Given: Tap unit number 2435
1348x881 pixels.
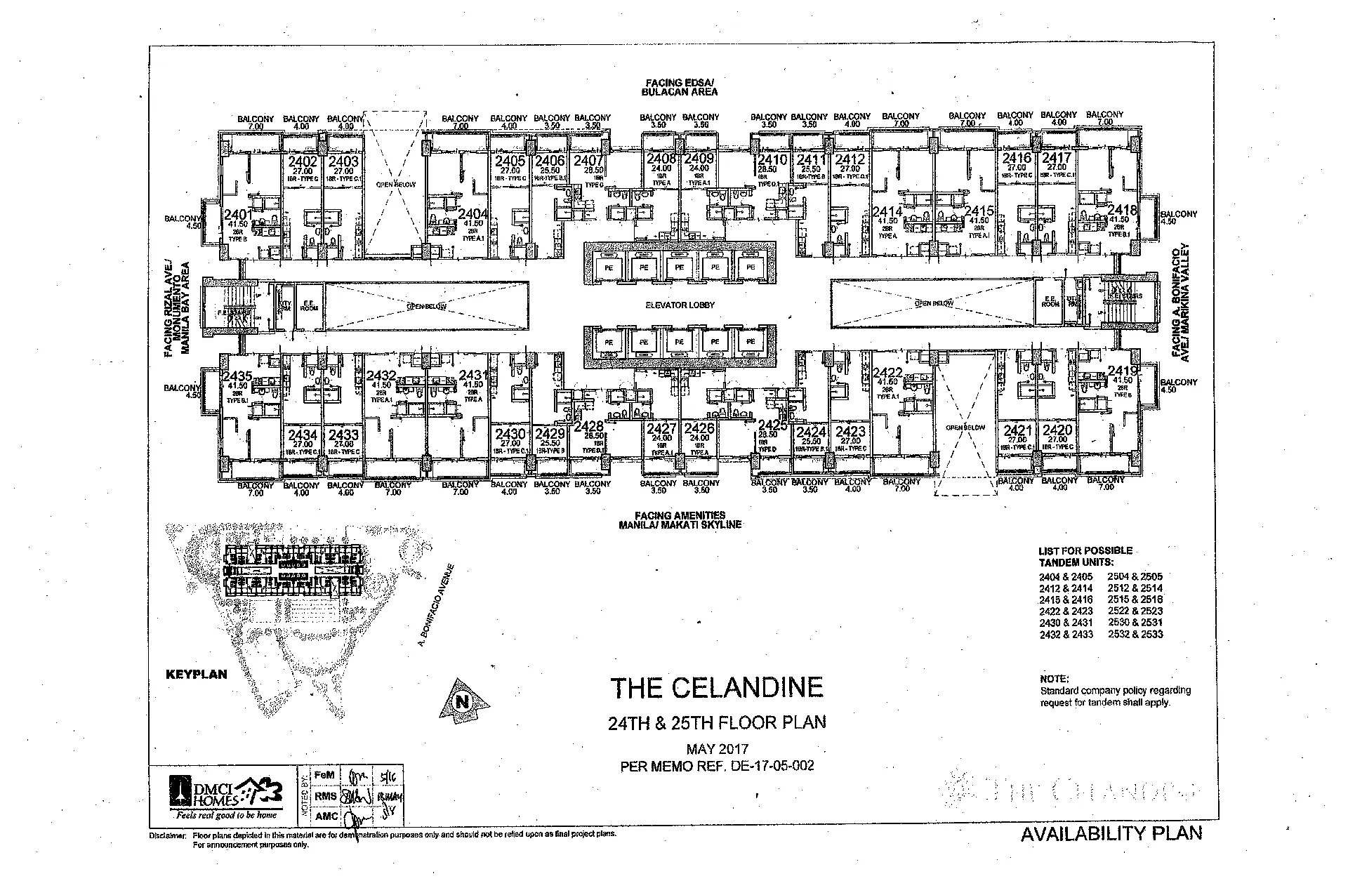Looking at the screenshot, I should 237,376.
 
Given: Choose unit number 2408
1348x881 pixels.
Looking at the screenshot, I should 661,159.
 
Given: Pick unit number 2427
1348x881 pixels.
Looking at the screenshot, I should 661,429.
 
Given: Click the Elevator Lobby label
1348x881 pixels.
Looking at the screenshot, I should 680,305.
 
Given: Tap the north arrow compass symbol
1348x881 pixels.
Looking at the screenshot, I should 463,700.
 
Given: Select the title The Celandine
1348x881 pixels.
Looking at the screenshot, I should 716,688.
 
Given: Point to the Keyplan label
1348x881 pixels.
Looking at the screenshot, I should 197,674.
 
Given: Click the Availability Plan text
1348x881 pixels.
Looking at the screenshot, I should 1111,833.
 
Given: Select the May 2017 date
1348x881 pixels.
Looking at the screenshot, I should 718,749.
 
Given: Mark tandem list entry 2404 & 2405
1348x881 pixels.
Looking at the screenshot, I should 1066,577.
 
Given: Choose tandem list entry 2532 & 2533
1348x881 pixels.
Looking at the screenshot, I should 1135,634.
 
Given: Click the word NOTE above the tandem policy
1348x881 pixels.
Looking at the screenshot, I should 1054,679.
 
